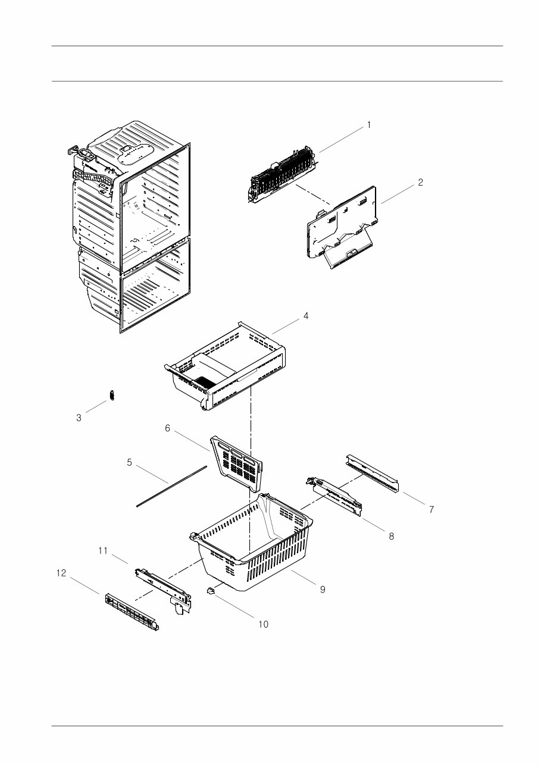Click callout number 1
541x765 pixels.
tap(368, 125)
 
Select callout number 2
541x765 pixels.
tap(420, 183)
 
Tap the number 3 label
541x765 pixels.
tap(79, 418)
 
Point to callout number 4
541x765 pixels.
tap(305, 316)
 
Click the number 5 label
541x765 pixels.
tap(129, 462)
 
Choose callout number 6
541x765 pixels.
tap(168, 428)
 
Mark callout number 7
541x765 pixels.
tap(431, 509)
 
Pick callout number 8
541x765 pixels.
tap(391, 536)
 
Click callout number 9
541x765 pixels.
tap(322, 590)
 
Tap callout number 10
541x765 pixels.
tap(263, 624)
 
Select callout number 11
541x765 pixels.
tap(103, 551)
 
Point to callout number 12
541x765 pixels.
tap(61, 573)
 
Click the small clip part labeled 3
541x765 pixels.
tap(111, 396)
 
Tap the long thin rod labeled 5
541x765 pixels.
tap(171, 487)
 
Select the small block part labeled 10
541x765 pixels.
tap(209, 591)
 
